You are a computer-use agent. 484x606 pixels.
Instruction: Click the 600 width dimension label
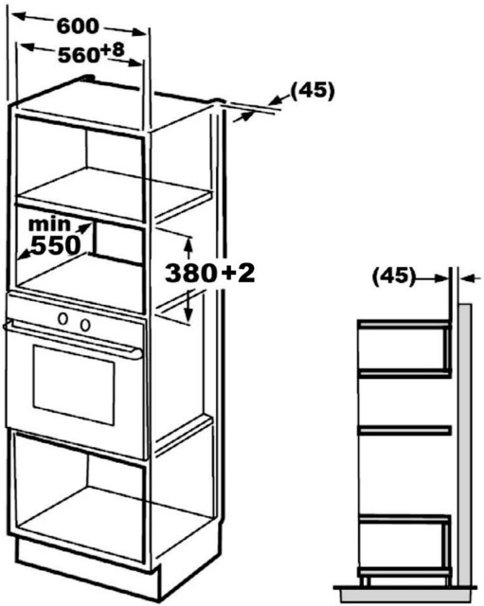(78, 27)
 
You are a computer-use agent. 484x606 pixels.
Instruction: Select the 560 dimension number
(79, 55)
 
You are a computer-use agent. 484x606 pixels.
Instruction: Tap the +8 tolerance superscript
(113, 49)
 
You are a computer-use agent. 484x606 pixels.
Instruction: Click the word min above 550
(49, 224)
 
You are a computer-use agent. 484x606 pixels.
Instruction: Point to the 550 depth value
(56, 245)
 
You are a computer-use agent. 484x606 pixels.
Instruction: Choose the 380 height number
(190, 273)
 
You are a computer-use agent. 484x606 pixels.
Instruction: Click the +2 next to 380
(238, 272)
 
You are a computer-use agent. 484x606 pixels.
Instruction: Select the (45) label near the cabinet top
(312, 92)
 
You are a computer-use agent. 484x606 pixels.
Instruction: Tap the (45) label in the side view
(393, 276)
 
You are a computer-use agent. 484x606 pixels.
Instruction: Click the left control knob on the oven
(63, 319)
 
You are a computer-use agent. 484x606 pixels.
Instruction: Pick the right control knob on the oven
(85, 325)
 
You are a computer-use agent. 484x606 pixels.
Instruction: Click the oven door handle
(73, 340)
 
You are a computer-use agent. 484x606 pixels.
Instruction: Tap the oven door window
(74, 385)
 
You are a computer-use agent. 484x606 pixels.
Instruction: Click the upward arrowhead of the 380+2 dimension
(188, 243)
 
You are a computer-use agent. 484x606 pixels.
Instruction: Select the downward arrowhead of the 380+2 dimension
(188, 314)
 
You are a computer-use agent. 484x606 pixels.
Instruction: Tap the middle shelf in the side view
(404, 430)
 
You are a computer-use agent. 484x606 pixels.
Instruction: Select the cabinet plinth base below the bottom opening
(87, 566)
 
